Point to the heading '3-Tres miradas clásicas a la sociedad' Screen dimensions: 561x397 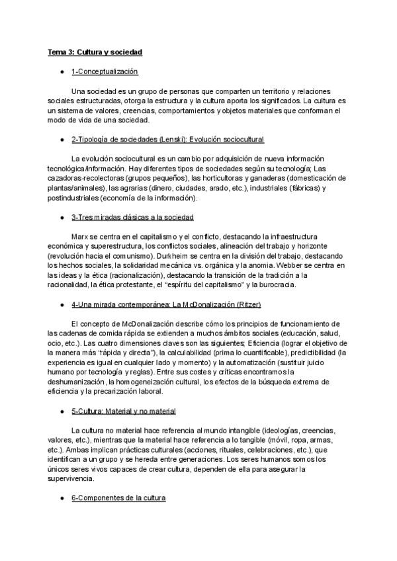click(132, 218)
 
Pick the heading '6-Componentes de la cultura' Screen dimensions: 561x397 click(118, 497)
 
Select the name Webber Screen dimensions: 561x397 click(304, 265)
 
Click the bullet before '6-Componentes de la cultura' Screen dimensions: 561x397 click(62, 497)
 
